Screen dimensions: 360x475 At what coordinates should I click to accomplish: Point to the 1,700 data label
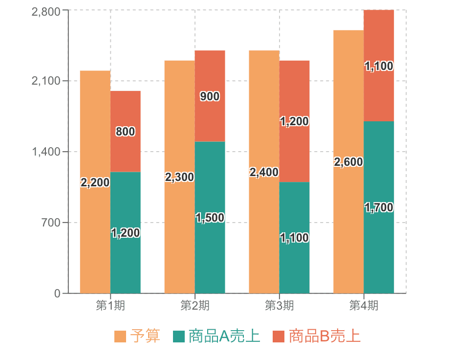click(379, 207)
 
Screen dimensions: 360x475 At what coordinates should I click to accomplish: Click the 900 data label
click(210, 97)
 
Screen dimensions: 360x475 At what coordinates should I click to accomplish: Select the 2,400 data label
click(264, 172)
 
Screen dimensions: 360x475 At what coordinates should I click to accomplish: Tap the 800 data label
click(126, 132)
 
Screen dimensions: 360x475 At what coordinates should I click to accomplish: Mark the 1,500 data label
click(210, 218)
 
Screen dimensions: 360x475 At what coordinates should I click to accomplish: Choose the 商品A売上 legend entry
click(217, 337)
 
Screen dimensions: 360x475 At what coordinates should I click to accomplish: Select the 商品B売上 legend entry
click(317, 337)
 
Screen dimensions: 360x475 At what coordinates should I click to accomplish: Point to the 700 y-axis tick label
click(50, 223)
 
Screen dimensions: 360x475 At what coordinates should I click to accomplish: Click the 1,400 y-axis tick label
click(46, 152)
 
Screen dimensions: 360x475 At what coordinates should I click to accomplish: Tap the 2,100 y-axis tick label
click(46, 81)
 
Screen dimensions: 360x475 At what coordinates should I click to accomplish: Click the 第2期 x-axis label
click(194, 306)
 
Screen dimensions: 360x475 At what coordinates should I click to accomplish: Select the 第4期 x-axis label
click(364, 306)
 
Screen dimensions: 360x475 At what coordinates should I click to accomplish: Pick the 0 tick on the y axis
click(58, 294)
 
